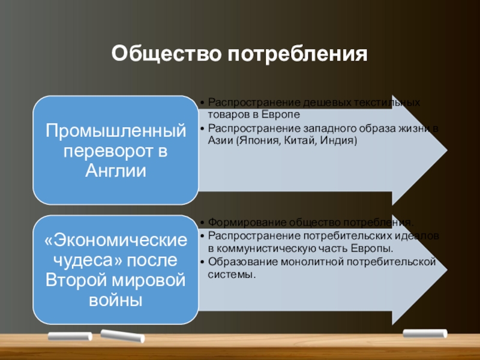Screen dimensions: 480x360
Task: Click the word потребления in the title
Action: (296, 56)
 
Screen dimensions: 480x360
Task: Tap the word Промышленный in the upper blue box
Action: (115, 130)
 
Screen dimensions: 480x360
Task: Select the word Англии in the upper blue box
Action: (115, 171)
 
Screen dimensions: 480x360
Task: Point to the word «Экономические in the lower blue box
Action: (115, 241)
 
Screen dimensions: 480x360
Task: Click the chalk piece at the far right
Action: (425, 333)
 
